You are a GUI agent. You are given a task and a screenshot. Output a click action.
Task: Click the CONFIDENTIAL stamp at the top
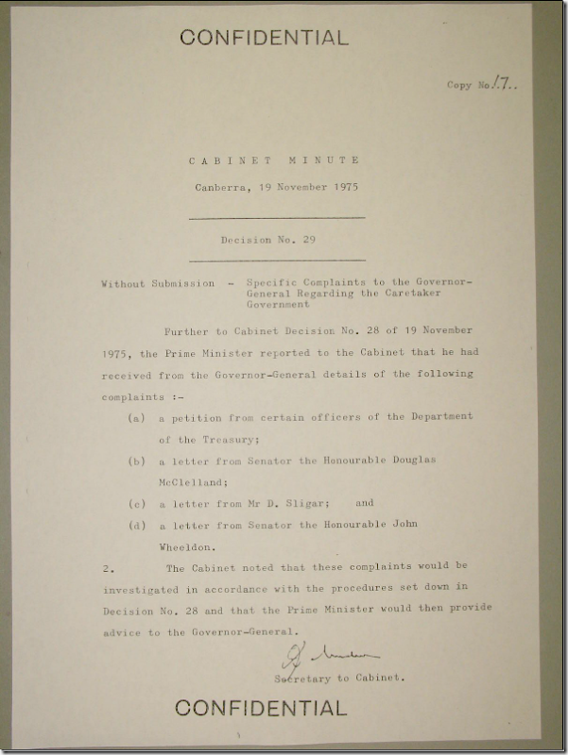264,38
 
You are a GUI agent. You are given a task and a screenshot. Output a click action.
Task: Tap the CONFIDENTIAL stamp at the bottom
260,707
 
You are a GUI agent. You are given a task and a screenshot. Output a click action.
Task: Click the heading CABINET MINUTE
273,161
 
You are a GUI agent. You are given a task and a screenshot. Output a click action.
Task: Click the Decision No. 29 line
267,240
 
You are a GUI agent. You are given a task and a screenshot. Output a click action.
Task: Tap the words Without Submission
155,283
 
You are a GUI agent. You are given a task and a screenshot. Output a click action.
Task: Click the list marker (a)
137,417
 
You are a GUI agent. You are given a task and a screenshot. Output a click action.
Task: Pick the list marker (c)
137,502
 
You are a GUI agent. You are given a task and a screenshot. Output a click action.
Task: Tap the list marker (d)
137,525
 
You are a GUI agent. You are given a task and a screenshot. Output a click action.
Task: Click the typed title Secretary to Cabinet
339,679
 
